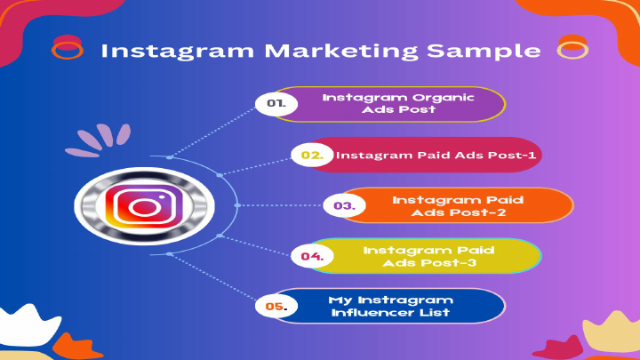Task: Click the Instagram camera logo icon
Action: tap(144, 208)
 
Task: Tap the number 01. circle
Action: tap(281, 103)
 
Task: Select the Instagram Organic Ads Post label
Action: tap(398, 103)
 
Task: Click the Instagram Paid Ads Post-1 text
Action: tap(436, 155)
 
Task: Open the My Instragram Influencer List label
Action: tap(390, 307)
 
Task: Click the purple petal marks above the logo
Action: tap(96, 140)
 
